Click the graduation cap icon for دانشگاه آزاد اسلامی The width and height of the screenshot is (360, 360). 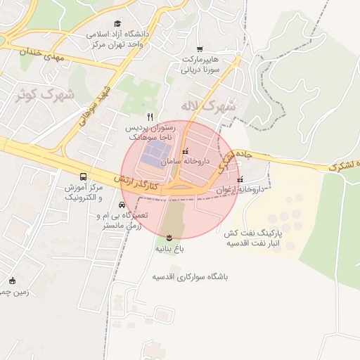tap(117, 23)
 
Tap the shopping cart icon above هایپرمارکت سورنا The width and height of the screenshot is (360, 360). tap(200, 49)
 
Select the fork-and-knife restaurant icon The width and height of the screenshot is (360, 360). tap(149, 117)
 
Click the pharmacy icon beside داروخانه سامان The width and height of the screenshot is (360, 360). tap(185, 152)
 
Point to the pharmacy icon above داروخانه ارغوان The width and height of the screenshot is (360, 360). tap(240, 179)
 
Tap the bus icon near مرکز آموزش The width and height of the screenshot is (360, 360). tap(84, 176)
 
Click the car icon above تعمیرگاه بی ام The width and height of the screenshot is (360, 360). tap(122, 205)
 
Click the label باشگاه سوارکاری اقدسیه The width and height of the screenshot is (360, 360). tap(194, 277)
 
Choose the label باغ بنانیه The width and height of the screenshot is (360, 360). tap(169, 250)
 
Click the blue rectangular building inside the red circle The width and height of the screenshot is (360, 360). tap(155, 156)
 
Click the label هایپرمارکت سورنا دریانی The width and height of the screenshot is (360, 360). tap(202, 64)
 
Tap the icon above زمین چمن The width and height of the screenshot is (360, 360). tap(11, 282)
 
